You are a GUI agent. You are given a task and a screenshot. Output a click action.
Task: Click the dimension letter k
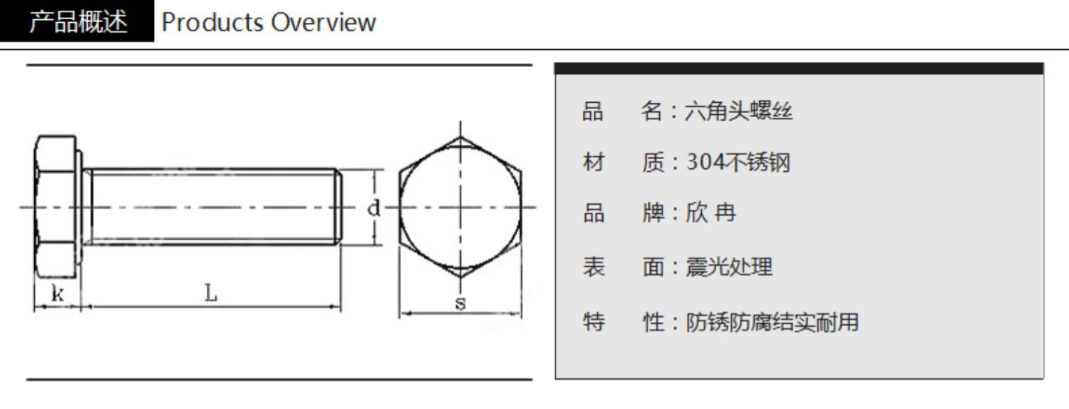click(56, 293)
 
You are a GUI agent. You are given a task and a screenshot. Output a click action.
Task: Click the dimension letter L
click(212, 292)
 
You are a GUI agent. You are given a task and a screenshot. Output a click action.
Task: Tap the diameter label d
click(373, 208)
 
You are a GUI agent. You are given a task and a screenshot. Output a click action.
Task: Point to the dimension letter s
click(460, 303)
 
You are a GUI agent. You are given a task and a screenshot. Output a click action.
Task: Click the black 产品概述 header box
click(77, 22)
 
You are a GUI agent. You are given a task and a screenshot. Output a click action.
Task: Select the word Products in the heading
click(212, 22)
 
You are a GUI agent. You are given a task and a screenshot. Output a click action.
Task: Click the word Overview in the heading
click(322, 22)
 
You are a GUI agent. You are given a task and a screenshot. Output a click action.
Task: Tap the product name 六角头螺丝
click(738, 112)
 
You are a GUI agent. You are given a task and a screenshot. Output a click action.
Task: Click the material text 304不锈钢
click(738, 163)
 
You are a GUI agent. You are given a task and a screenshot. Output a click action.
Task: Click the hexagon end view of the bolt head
click(460, 207)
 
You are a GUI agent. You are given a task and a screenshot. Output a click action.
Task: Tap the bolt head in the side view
click(57, 207)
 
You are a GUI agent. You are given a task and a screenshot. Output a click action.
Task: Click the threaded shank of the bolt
click(214, 207)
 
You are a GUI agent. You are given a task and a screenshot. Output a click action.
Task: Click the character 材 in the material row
click(593, 163)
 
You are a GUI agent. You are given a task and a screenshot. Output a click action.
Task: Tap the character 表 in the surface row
click(593, 268)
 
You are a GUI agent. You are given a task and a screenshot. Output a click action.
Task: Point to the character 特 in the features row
click(593, 323)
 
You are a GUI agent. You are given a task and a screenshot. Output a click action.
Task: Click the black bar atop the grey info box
click(798, 69)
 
